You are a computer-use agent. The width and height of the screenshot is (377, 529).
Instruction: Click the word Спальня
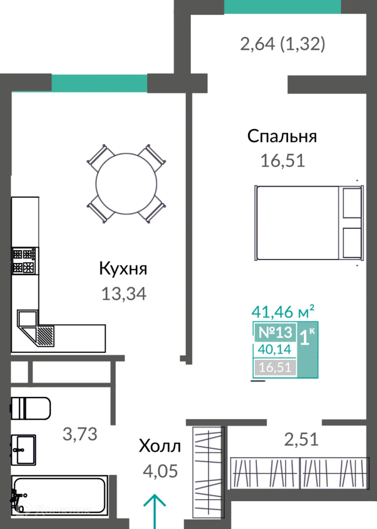point(282,137)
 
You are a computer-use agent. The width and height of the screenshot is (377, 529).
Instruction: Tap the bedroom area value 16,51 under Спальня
point(283,161)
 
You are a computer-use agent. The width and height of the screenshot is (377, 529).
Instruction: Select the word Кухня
point(123,269)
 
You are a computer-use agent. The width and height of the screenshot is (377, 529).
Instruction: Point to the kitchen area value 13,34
point(124,294)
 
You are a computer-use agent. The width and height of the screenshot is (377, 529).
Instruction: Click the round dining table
point(126,184)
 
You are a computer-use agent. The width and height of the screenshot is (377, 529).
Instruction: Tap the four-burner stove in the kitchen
point(24,261)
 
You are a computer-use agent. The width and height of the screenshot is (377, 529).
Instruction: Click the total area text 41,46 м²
point(283,312)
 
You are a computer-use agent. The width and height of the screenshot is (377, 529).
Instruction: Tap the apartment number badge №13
point(275,332)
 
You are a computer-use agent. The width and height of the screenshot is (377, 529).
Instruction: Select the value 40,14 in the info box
point(274,349)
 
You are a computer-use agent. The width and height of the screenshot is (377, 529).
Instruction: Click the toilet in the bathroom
point(31,408)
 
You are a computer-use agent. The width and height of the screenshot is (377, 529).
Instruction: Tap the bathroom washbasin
point(23,450)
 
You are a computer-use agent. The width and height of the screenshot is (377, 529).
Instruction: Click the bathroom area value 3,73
point(80,434)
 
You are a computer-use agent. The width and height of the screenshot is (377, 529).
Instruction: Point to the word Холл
point(160,446)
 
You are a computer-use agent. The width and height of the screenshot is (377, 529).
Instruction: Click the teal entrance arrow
point(154,510)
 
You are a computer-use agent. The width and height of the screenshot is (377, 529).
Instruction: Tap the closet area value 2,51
point(301,440)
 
